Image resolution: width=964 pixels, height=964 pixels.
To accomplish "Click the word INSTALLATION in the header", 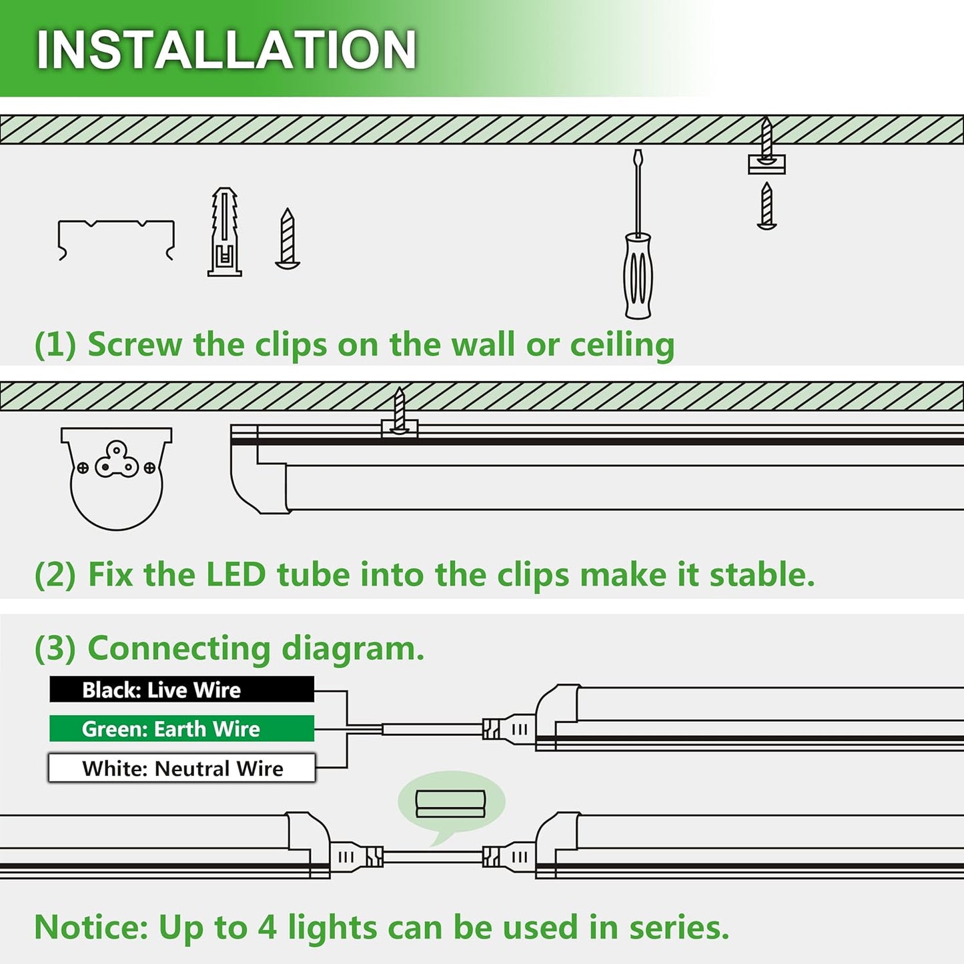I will point(226,50).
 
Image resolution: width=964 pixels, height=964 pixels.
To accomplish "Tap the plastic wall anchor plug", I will point(224,231).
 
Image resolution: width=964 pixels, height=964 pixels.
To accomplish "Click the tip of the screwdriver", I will point(638,155).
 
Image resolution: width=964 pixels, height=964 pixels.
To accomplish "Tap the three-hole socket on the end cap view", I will point(116,460).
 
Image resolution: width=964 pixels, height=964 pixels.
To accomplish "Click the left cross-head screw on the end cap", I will point(83,468).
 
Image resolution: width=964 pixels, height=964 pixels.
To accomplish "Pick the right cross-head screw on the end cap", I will point(149,468).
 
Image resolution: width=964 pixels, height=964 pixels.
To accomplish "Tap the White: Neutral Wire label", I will point(181,768).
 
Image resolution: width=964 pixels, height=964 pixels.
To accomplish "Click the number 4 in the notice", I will point(267,927).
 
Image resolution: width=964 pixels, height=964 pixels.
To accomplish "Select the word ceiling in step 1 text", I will point(622,345).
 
